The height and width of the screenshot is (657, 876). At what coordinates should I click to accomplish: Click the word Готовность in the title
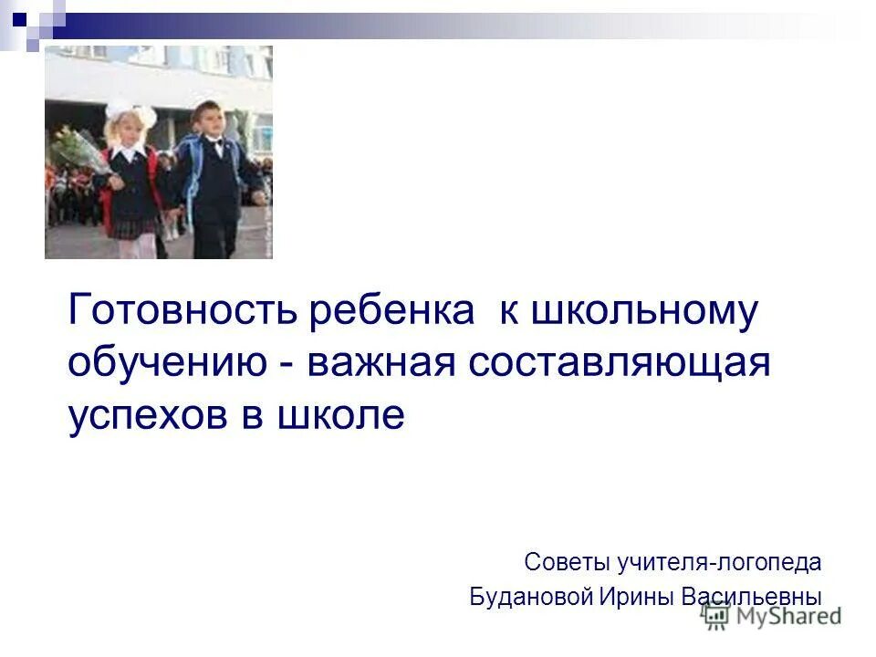(x=182, y=312)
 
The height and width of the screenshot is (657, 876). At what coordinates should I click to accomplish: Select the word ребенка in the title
(x=392, y=312)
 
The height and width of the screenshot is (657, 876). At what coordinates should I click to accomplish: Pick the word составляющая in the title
(x=620, y=364)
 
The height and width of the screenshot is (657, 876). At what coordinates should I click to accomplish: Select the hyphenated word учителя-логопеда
(x=722, y=562)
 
